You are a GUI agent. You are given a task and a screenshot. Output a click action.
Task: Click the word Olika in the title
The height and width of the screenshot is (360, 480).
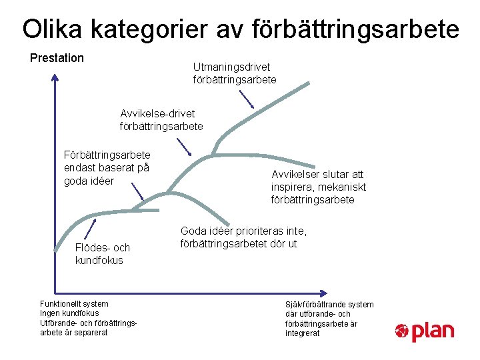[x=52, y=29]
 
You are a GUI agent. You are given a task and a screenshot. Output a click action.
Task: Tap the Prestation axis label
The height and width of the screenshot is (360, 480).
[x=57, y=58]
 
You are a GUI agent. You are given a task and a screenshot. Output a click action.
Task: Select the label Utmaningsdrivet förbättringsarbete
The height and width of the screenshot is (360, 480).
[x=234, y=73]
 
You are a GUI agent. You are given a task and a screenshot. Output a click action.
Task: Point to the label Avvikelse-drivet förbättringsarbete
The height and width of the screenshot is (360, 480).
[x=161, y=119]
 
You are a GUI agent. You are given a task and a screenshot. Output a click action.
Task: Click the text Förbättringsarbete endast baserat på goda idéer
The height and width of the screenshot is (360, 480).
[x=107, y=167]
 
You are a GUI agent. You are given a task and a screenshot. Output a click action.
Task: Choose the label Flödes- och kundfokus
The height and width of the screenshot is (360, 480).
[x=103, y=254]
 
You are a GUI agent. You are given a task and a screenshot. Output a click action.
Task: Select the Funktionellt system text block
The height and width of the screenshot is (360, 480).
[x=89, y=318]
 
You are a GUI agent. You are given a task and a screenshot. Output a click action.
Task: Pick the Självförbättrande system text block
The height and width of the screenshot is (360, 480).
[x=329, y=318]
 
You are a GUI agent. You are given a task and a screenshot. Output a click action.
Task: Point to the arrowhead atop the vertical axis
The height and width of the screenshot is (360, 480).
[x=54, y=78]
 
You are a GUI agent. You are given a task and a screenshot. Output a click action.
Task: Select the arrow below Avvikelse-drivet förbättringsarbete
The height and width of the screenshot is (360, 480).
[x=183, y=147]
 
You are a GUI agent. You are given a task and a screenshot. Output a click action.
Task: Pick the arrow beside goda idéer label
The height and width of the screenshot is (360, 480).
[x=137, y=191]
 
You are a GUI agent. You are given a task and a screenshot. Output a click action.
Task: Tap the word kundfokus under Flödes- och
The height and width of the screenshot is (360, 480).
[x=99, y=261]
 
